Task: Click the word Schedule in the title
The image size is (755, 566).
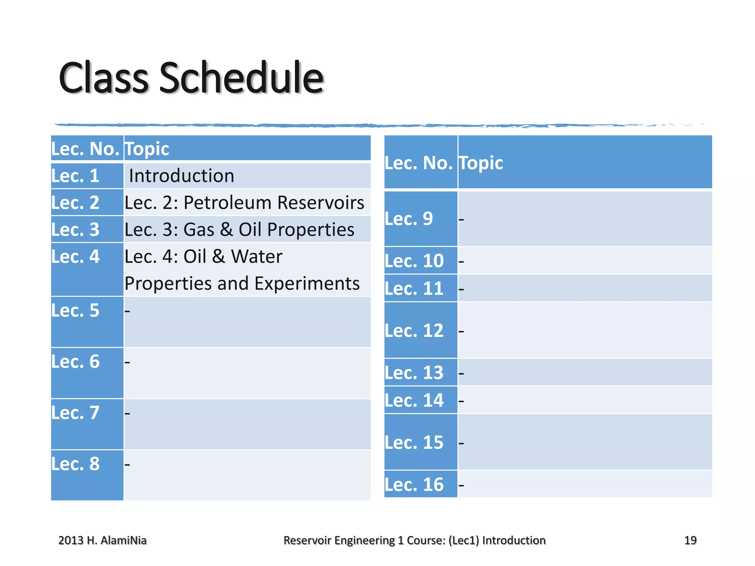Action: tap(241, 78)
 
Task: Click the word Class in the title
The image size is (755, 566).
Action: tap(103, 78)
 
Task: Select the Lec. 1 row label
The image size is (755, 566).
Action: tap(75, 176)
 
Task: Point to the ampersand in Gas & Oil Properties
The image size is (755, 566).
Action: tap(226, 230)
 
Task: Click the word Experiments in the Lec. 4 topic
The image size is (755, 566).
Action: tap(307, 283)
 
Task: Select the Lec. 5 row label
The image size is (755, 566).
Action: tap(75, 310)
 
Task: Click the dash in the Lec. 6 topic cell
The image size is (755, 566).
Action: tap(127, 362)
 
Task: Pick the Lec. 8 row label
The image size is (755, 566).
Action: tap(75, 464)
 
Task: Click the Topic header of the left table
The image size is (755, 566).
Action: tap(147, 149)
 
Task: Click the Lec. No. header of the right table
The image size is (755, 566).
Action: tap(418, 163)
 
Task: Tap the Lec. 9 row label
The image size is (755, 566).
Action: tap(408, 219)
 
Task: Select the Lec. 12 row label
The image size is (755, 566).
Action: tap(414, 330)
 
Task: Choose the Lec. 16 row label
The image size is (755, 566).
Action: tap(414, 484)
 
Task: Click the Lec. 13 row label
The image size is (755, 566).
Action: tap(414, 373)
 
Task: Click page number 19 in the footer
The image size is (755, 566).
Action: tap(690, 540)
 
